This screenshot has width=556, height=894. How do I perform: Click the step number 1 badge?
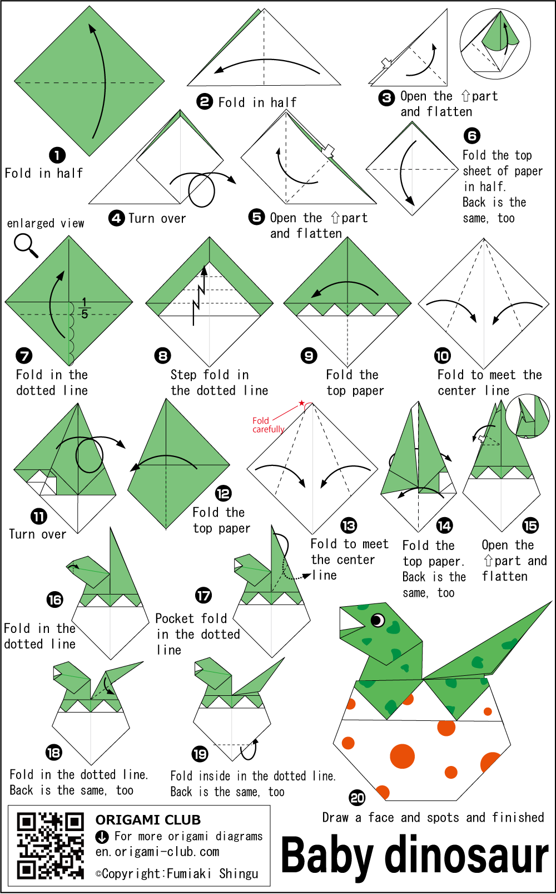click(57, 155)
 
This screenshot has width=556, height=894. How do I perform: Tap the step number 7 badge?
click(24, 356)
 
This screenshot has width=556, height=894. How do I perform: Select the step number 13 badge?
click(349, 525)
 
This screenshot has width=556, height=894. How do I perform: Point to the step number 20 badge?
click(357, 798)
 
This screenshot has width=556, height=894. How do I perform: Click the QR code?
click(51, 846)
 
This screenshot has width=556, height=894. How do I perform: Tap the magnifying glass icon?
click(26, 245)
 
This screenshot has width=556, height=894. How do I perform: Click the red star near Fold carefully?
click(302, 402)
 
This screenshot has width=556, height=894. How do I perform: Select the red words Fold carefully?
click(268, 425)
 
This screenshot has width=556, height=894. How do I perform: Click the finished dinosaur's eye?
click(377, 620)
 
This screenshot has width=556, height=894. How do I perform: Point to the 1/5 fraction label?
click(84, 308)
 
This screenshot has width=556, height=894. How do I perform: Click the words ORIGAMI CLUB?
click(148, 820)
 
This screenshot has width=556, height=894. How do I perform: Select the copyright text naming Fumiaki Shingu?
click(177, 873)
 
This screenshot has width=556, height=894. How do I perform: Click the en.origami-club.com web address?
click(157, 852)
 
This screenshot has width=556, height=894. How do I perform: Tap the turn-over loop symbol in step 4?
click(201, 191)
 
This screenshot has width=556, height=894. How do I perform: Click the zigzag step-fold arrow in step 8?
click(199, 296)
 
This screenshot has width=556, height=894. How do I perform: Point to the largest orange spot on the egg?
click(402, 756)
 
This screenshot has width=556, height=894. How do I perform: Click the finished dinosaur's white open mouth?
click(351, 621)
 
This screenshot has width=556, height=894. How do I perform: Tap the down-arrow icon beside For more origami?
click(102, 837)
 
